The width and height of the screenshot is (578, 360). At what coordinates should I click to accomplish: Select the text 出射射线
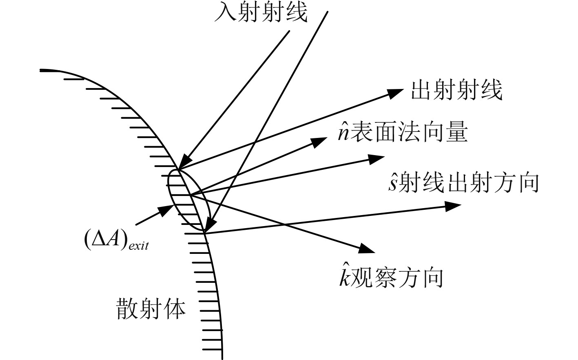coord(456,89)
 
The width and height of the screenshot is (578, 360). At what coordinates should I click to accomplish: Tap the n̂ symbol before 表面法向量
coord(343,133)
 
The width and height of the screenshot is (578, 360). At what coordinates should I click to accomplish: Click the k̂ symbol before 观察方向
coord(345,277)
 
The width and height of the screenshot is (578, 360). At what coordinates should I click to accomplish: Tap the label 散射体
coord(151,309)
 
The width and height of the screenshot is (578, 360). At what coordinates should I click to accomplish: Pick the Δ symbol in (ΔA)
coord(100,240)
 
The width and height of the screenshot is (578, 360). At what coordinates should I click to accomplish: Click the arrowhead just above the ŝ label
coord(376,158)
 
